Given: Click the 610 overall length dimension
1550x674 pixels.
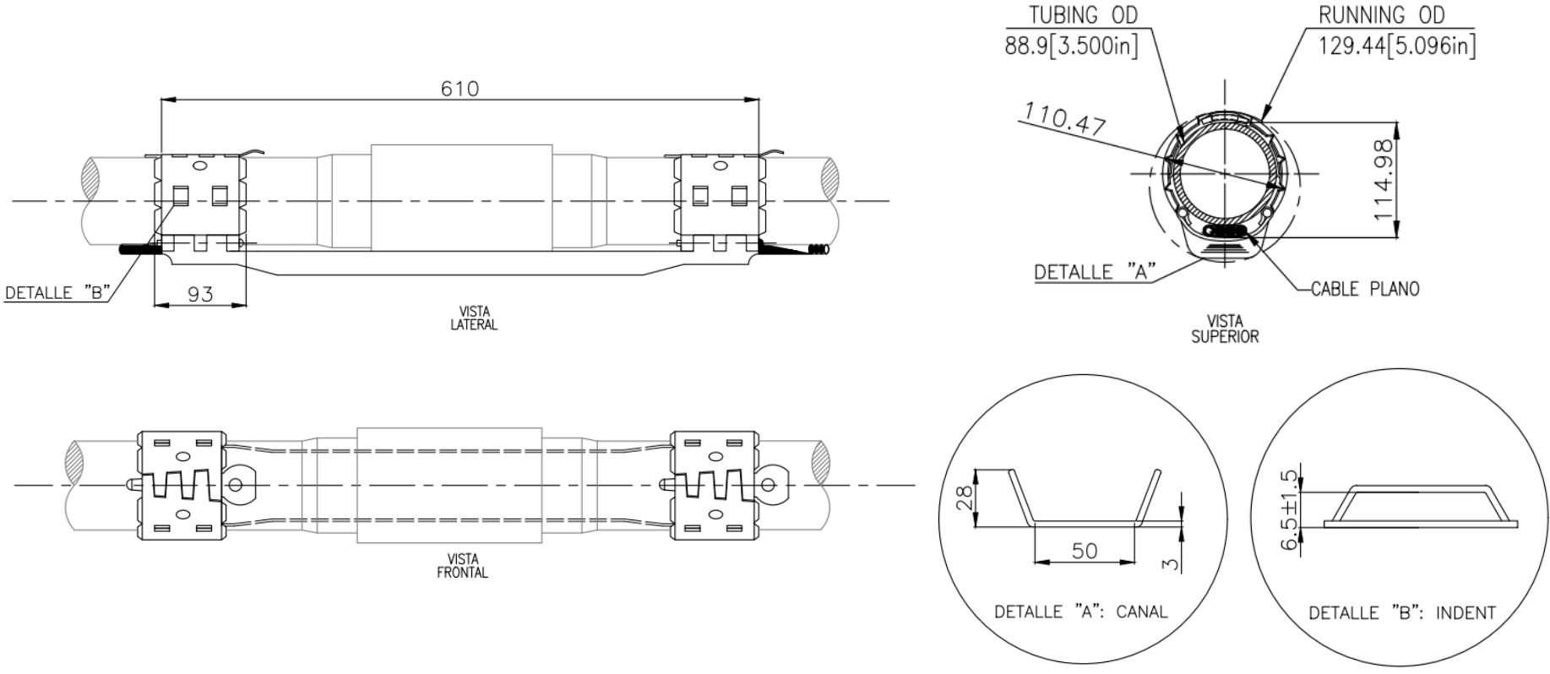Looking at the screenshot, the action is pos(460,88).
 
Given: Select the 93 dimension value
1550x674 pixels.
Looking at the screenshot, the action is pos(200,294).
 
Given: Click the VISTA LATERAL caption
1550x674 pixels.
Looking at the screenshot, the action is pos(474,318).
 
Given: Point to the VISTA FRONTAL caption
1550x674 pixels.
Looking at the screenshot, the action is pos(462,565).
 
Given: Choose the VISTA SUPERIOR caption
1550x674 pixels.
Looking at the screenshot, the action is pos(1225,329).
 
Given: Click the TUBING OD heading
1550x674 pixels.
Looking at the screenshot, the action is pos(1083,14).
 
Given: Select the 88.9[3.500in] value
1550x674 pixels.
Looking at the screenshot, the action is pos(1071,45).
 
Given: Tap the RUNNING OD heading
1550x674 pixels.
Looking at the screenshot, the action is pos(1382,14).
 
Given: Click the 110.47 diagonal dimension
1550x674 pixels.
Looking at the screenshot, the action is pos(1064,119).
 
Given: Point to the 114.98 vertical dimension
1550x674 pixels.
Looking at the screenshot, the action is pos(1384,179).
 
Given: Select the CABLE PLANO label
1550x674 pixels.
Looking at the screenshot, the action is pos(1365,289).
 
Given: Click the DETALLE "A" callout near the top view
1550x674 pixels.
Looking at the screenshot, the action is pos(1095,272).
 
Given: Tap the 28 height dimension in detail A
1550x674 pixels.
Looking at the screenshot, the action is pos(964,497).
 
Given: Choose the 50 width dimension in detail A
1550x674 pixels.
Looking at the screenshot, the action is pos(1085,551).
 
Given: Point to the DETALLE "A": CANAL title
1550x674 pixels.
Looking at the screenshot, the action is pos(1080,611).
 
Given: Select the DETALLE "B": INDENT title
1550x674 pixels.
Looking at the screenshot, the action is pos(1401,612).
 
